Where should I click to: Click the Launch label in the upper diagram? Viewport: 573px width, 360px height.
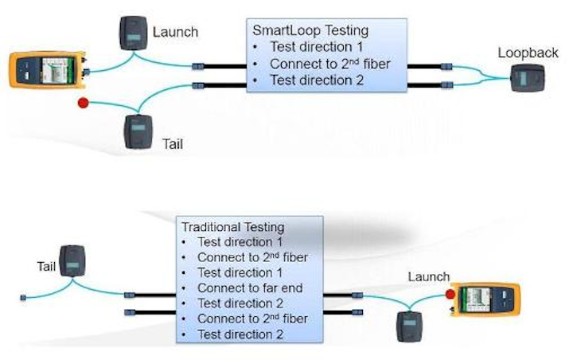175,33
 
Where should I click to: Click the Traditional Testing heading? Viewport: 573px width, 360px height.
231,227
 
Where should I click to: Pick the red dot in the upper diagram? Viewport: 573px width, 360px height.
81,104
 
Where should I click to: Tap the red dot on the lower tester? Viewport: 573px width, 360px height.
450,295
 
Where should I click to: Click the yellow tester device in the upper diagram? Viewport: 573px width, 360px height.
45,70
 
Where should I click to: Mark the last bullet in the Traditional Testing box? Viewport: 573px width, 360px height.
238,335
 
